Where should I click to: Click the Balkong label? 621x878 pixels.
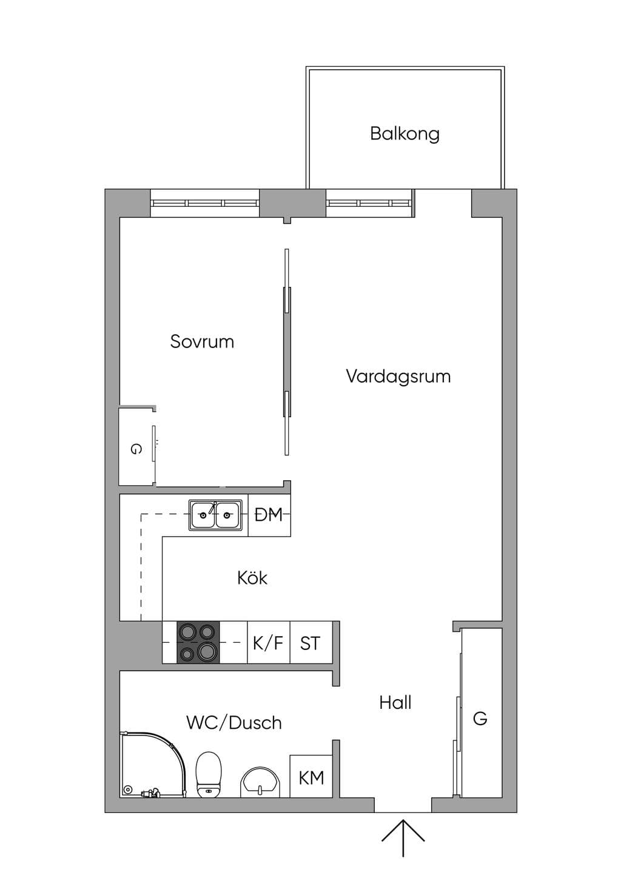(404, 133)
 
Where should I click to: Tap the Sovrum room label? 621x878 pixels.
(202, 341)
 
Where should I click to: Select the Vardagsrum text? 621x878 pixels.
(398, 376)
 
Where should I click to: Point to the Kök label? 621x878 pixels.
(252, 578)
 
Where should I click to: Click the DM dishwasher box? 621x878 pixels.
(269, 515)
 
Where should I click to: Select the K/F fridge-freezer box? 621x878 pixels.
(269, 642)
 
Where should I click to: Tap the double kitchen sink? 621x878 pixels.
(215, 515)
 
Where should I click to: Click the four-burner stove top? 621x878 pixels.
(198, 642)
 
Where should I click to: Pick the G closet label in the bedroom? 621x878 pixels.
(135, 449)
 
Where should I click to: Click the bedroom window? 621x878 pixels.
(204, 203)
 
